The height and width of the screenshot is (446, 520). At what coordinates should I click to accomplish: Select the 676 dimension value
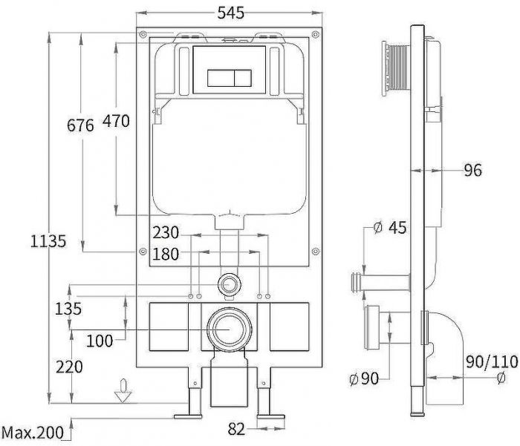(80, 125)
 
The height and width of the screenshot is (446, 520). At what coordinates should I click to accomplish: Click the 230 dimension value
(166, 232)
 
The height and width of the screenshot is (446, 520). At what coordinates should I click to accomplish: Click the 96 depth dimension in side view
(472, 171)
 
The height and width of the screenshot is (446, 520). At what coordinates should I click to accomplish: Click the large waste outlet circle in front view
(230, 327)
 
